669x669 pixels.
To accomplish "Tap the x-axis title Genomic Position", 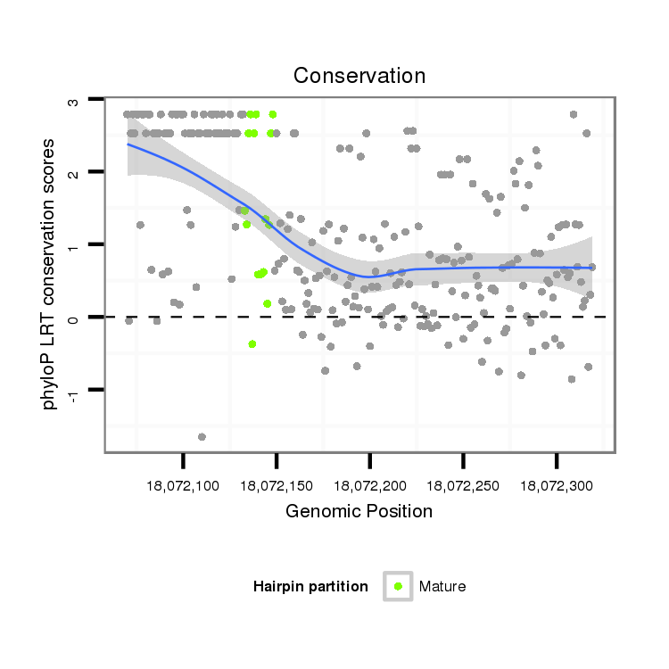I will point(359,511).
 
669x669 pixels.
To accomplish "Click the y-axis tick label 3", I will point(74,101).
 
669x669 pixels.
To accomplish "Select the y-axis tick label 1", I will point(74,244).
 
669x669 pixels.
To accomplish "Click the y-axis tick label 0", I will point(74,318).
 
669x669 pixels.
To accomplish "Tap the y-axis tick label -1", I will point(74,392).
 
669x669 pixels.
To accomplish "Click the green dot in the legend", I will point(398,586).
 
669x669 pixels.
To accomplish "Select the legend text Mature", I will point(442,586).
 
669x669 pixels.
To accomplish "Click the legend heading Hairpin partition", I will point(310,586).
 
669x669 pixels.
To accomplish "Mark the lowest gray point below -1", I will point(202,437).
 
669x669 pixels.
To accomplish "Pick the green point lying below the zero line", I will point(252,343).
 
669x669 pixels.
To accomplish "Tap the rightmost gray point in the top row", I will point(574,114).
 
